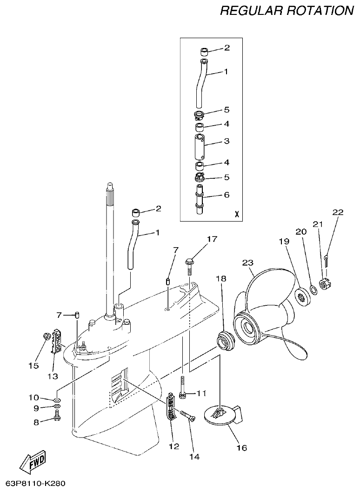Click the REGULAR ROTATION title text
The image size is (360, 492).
[x=287, y=11]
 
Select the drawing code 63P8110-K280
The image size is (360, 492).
[x=36, y=483]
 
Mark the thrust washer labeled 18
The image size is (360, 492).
[x=227, y=340]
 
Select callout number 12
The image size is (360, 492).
[x=174, y=446]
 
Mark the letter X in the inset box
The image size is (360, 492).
[x=237, y=215]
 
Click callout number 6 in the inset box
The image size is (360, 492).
[x=227, y=195]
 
